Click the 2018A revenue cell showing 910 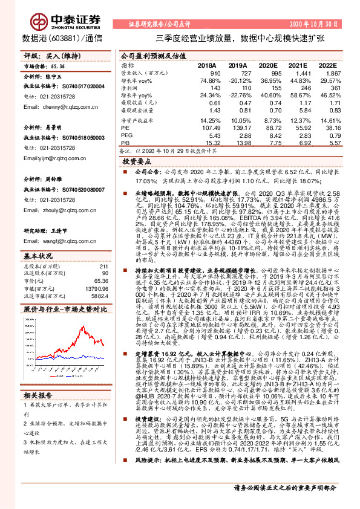pyautogui.click(x=216, y=73)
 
